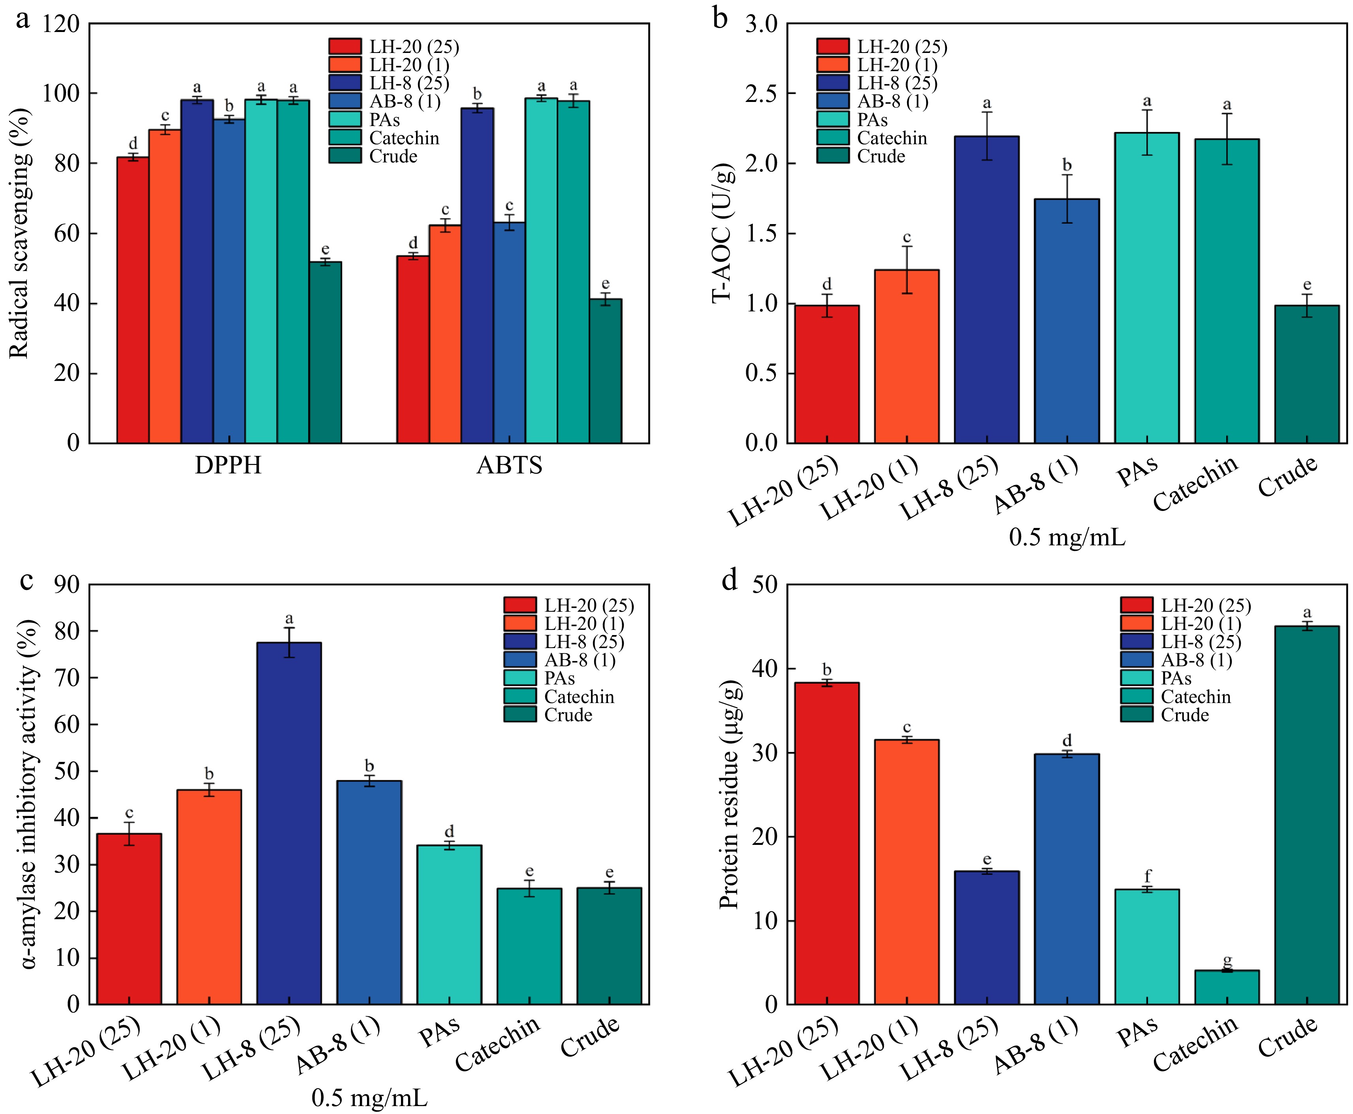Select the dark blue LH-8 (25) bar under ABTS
pos(477,276)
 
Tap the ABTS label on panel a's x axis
pos(509,465)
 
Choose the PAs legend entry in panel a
pos(384,120)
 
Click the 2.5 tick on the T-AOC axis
pos(762,94)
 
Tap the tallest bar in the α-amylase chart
pos(289,823)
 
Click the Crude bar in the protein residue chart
pos(1307,815)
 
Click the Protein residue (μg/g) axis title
pos(729,794)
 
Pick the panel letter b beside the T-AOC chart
pos(721,19)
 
